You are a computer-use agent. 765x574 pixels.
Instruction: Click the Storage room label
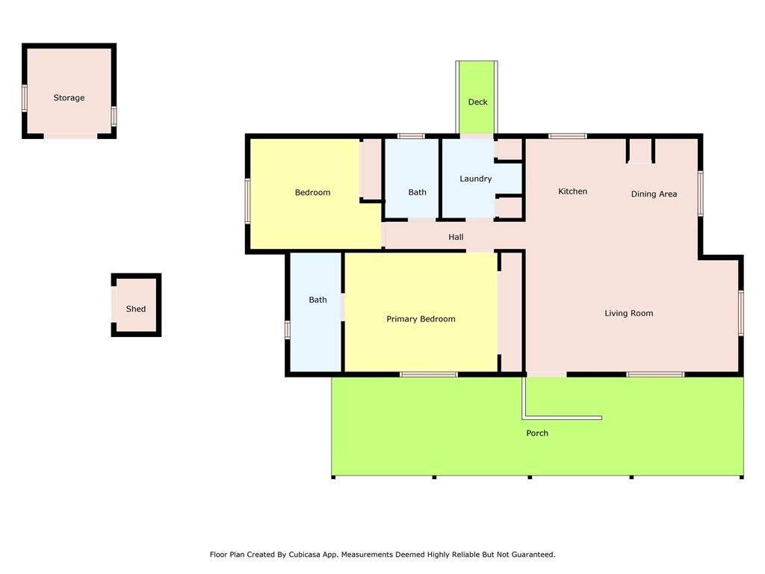point(69,98)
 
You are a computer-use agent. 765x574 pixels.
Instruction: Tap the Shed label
point(136,309)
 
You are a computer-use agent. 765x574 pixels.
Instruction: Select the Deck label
point(477,102)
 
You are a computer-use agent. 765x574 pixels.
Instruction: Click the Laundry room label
point(476,179)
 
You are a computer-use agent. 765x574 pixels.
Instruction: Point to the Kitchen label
point(572,191)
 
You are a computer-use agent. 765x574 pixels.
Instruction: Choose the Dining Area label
point(654,194)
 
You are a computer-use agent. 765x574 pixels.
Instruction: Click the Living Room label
point(629,313)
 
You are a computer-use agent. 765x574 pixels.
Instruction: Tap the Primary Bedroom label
point(421,319)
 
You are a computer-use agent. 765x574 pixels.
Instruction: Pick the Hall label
point(456,237)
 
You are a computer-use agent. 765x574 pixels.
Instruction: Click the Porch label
point(537,433)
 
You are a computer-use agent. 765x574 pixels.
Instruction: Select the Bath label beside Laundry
point(417,192)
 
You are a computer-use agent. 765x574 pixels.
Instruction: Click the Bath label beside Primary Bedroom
point(318,300)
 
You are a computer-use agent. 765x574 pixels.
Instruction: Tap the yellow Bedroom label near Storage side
point(312,192)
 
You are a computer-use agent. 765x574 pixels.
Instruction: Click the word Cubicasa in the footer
point(307,555)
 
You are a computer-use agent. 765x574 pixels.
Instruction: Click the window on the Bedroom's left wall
point(248,201)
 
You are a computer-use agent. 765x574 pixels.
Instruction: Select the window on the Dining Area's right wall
point(701,194)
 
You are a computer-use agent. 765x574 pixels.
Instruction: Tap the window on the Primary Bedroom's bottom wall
point(429,374)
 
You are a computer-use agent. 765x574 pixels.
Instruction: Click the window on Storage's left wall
point(25,98)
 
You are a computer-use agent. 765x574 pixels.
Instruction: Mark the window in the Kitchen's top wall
point(568,136)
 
